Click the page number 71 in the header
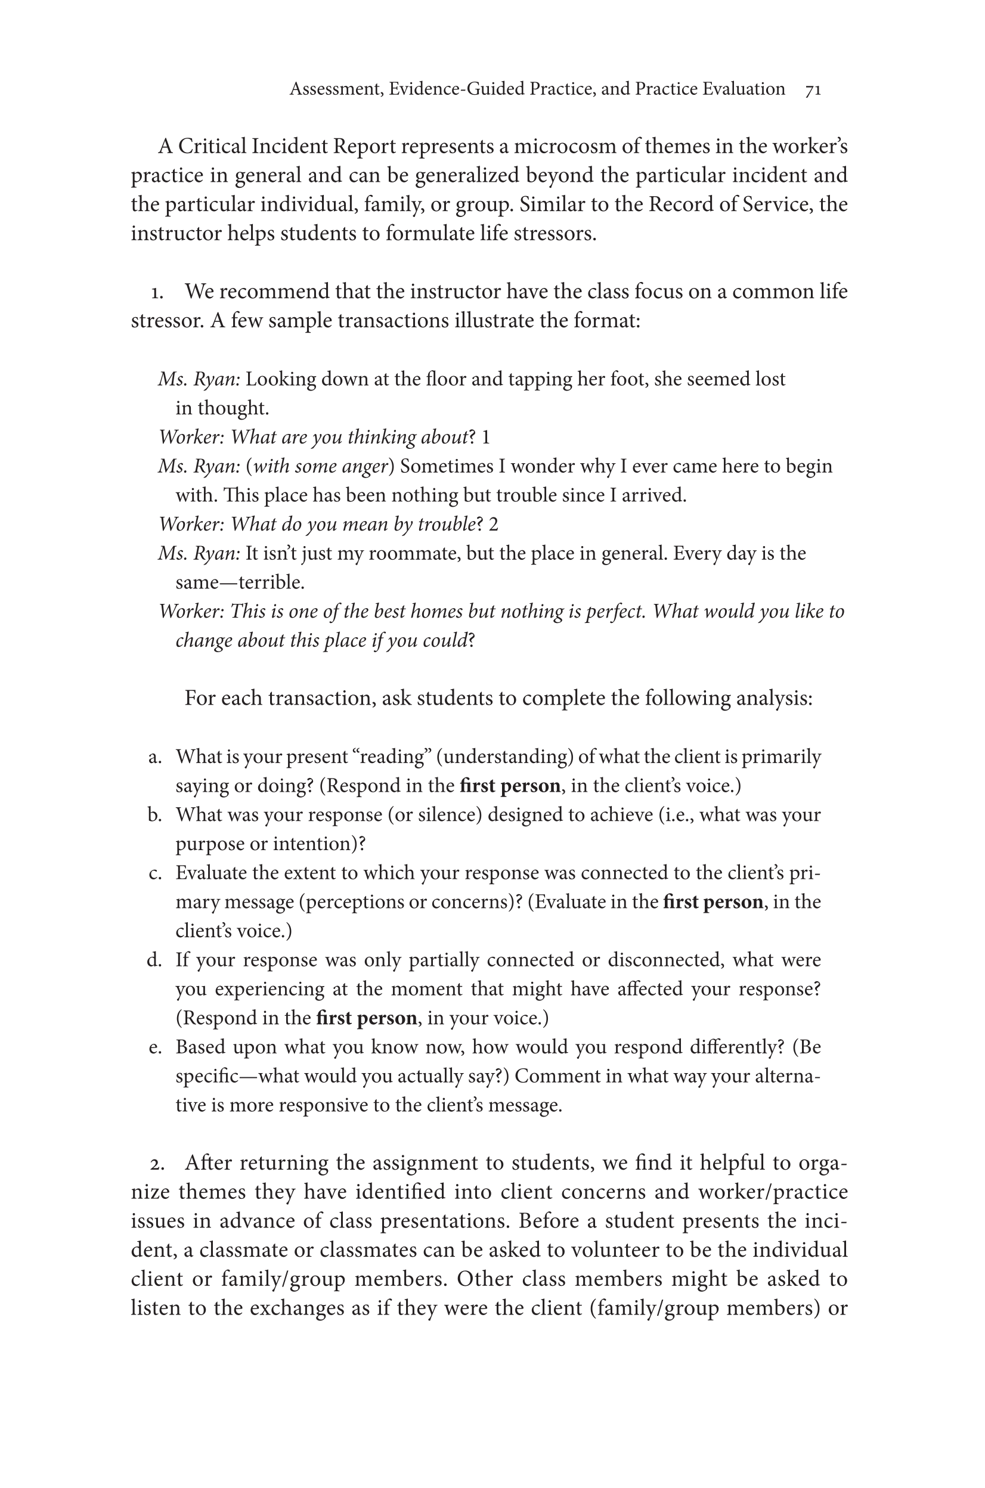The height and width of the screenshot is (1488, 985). [x=813, y=90]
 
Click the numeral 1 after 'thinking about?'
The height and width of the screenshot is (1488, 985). [x=485, y=437]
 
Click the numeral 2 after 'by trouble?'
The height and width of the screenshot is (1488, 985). [x=493, y=525]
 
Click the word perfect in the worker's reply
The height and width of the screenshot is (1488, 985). [x=614, y=612]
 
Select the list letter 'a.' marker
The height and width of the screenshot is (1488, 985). [x=154, y=758]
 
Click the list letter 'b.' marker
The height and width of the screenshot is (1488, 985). [x=154, y=816]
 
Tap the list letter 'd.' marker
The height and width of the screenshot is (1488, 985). [x=154, y=960]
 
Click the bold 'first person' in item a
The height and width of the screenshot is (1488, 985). [x=510, y=786]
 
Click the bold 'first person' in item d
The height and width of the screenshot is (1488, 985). [x=366, y=1018]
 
